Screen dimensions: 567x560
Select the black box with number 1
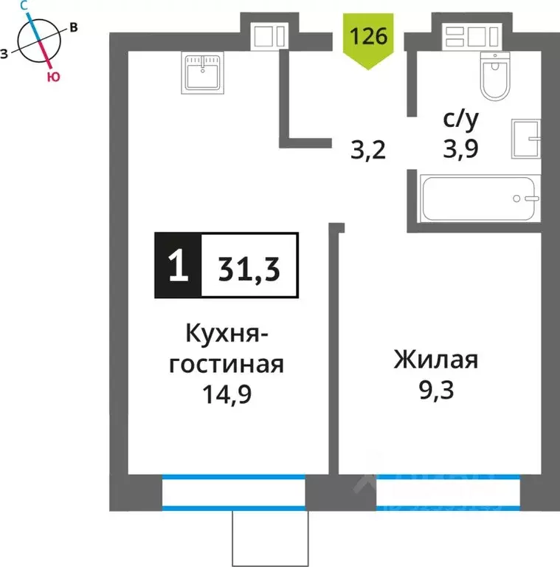(x=177, y=267)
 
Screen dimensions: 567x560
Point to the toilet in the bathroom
(x=496, y=78)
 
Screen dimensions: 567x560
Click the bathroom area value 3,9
(x=460, y=149)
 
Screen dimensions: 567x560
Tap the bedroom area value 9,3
(x=435, y=389)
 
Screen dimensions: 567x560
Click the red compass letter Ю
(x=52, y=76)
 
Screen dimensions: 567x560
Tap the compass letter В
(x=74, y=28)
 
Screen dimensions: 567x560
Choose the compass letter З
(x=6, y=53)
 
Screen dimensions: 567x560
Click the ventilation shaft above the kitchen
(x=268, y=34)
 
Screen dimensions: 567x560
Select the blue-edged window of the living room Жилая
(x=448, y=492)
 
